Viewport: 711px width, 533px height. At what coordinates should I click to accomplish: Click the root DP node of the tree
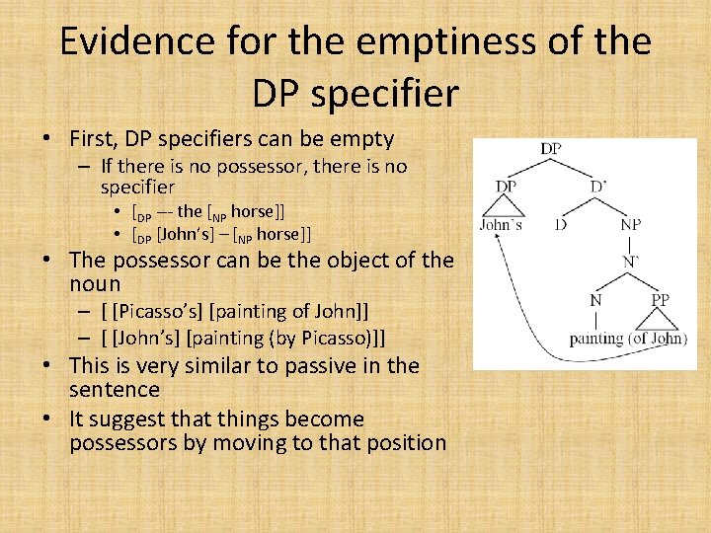(552, 149)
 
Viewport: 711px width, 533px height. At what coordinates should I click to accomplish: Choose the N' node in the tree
(630, 262)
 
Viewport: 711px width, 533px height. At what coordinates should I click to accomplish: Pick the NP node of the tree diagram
(630, 225)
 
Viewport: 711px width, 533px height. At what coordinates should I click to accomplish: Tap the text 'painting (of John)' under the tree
(628, 339)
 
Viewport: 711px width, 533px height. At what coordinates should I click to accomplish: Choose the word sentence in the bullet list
(115, 389)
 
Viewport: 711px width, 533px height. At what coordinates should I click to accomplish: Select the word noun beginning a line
(95, 283)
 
